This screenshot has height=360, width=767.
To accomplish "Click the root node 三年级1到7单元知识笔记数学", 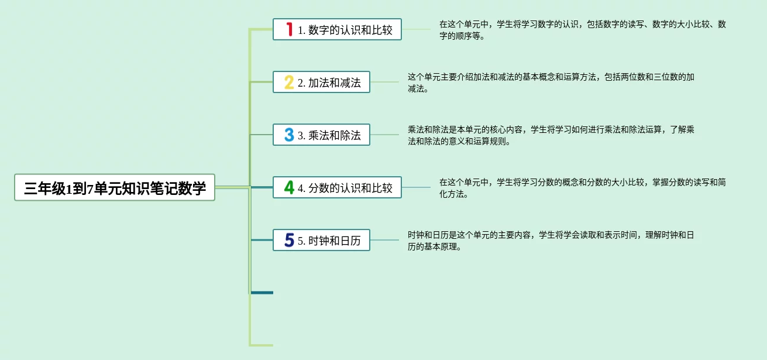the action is pyautogui.click(x=115, y=187).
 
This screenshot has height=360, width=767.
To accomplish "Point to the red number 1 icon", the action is pyautogui.click(x=289, y=29).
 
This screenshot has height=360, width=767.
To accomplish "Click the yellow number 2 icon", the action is pyautogui.click(x=289, y=82).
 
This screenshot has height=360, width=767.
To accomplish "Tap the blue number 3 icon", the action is pyautogui.click(x=289, y=135).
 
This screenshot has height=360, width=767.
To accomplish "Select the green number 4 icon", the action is pyautogui.click(x=289, y=187).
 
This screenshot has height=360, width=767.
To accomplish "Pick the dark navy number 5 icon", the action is pyautogui.click(x=289, y=240).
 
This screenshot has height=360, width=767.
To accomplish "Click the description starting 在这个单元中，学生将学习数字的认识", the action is pyautogui.click(x=582, y=30).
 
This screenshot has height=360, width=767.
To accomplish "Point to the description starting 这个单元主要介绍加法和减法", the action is pyautogui.click(x=551, y=83).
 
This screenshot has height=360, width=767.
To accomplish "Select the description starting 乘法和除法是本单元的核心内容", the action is pyautogui.click(x=551, y=135).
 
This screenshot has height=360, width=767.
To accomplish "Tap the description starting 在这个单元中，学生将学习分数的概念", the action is pyautogui.click(x=582, y=188).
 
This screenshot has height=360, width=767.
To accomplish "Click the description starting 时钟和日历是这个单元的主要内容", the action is pyautogui.click(x=551, y=241).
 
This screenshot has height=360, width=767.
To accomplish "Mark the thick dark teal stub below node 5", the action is pyautogui.click(x=262, y=292).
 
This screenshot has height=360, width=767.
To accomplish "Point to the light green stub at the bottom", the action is pyautogui.click(x=262, y=345).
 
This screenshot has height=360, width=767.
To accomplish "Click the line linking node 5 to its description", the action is pyautogui.click(x=384, y=240).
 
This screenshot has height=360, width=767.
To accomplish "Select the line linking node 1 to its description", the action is pyautogui.click(x=416, y=29).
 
